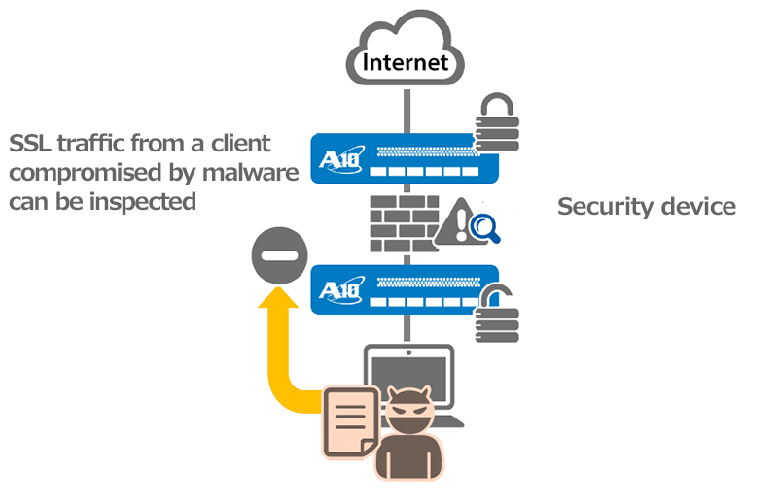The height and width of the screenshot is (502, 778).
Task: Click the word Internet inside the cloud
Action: tap(405, 63)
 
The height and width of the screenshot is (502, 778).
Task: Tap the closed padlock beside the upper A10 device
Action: tap(498, 127)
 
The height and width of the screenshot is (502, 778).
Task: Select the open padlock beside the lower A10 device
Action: tap(498, 315)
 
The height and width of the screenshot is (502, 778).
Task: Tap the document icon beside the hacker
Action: tap(349, 421)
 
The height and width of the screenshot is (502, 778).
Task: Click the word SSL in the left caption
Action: tap(30, 145)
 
